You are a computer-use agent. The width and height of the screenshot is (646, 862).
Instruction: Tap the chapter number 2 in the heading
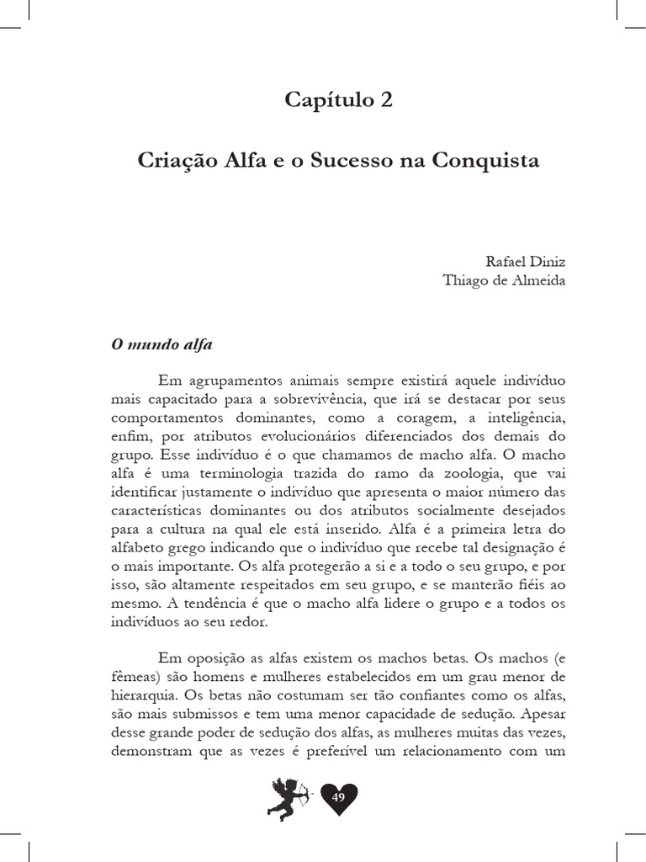point(386,100)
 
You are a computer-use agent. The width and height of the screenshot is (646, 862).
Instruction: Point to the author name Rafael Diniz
point(522,261)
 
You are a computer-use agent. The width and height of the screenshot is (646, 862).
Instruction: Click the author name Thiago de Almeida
point(505,281)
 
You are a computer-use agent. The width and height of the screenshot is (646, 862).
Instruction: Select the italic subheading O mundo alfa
point(162,345)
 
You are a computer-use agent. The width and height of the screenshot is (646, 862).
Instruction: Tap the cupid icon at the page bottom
point(288,797)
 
